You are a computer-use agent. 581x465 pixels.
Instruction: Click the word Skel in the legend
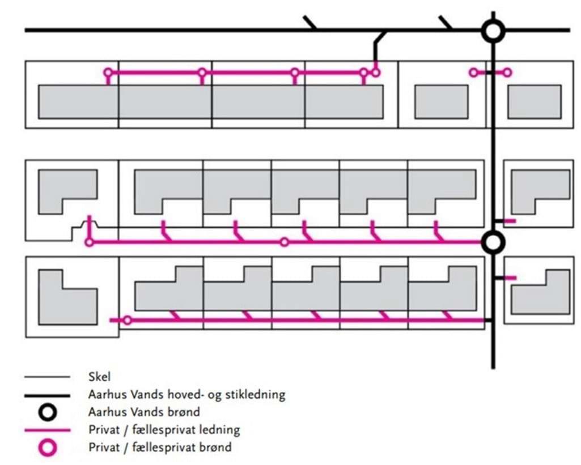point(99,377)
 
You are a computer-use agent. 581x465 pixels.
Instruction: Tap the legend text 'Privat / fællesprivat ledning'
point(164,429)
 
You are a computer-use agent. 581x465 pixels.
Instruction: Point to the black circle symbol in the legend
point(49,412)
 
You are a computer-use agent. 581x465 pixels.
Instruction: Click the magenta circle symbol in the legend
point(49,447)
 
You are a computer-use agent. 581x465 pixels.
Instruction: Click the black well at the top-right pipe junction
point(493,31)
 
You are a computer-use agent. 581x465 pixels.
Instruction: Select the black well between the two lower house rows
point(493,242)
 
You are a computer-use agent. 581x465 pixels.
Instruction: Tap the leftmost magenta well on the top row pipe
point(108,72)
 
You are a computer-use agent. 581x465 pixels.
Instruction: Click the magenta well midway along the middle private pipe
point(285,242)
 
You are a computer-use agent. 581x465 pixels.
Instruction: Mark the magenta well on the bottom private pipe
point(128,321)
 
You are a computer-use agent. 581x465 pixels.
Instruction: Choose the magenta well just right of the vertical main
point(507,72)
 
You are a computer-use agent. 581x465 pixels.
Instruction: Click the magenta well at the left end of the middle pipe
point(89,242)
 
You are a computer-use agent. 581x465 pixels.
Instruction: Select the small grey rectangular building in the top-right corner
point(534,101)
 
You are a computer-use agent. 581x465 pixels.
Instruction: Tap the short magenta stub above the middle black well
point(510,220)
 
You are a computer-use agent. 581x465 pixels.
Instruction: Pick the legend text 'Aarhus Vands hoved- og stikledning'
point(186,394)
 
